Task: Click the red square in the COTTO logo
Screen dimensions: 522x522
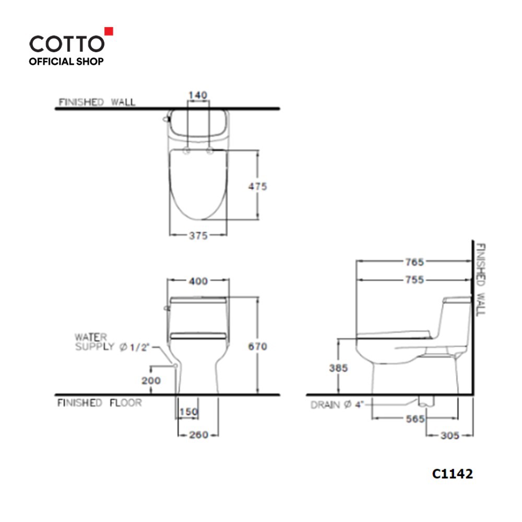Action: coord(109,31)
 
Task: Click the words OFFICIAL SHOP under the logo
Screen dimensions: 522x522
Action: coord(66,62)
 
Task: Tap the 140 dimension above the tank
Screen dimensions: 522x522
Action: coord(198,95)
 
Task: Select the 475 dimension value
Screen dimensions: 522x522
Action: coord(258,186)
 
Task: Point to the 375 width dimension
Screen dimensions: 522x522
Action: coord(198,235)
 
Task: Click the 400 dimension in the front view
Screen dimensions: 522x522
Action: coord(198,281)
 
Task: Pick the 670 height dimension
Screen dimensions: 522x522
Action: coord(258,346)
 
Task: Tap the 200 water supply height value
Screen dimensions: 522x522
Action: coord(151,381)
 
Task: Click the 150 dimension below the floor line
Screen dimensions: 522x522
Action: coord(189,412)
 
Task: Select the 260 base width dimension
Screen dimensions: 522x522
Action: coord(198,435)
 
